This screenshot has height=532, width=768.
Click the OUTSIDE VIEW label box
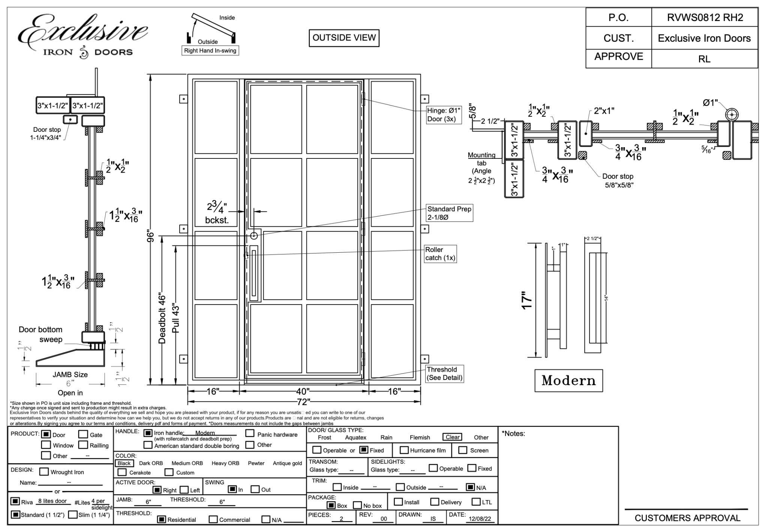click(x=344, y=38)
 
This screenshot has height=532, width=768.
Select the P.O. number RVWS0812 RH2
click(x=705, y=18)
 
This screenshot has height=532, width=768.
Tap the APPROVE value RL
click(x=704, y=59)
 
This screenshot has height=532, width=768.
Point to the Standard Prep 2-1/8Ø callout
click(x=449, y=213)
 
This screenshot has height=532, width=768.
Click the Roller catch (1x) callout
click(x=440, y=254)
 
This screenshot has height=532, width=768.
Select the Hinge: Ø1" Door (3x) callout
click(x=444, y=115)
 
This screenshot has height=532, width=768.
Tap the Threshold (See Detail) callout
click(x=444, y=374)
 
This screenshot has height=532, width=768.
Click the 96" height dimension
click(x=151, y=237)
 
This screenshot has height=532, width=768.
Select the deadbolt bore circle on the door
click(x=254, y=236)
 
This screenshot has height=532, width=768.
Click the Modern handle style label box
click(x=568, y=381)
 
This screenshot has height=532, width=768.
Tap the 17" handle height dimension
click(x=527, y=300)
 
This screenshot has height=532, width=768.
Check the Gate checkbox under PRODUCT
click(x=83, y=434)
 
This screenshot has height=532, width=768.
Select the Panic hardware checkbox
click(x=250, y=434)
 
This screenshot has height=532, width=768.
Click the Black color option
click(x=124, y=463)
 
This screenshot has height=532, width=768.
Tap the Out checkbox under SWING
click(x=255, y=489)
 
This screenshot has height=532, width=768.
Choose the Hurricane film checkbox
click(x=404, y=450)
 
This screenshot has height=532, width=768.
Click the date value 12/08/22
click(x=480, y=519)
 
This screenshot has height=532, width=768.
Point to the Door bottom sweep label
click(x=40, y=334)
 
